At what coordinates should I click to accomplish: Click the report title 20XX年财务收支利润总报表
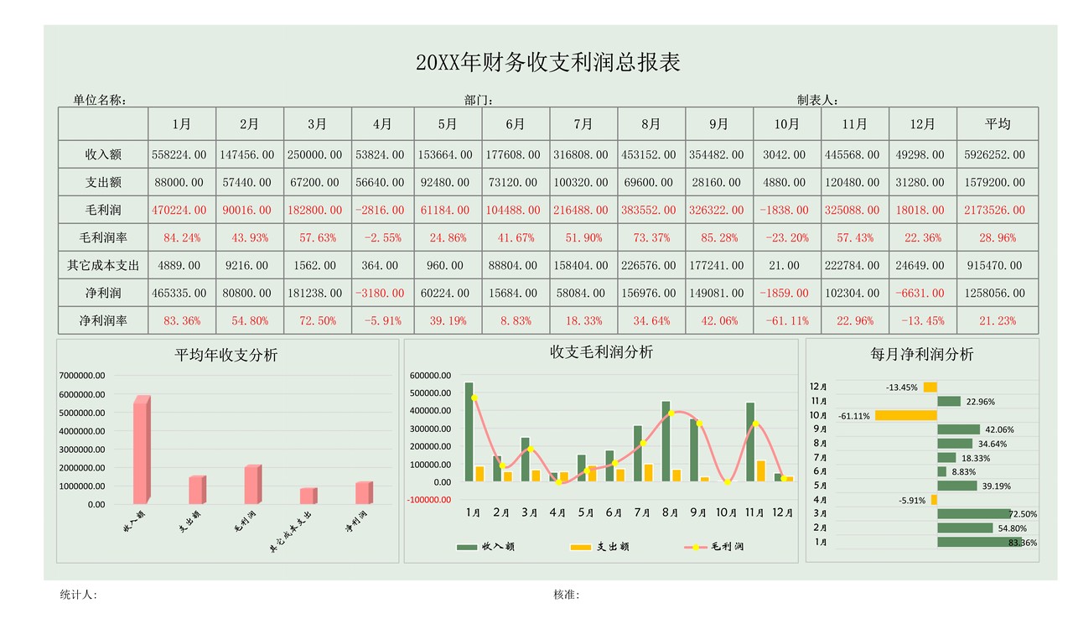pos(548,63)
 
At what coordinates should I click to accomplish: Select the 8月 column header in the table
pos(651,124)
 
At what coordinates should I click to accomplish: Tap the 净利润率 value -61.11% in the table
pos(785,321)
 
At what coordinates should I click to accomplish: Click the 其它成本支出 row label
pos(103,266)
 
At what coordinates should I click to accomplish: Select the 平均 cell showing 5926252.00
pos(997,155)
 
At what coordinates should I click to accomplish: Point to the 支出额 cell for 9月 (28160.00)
pos(718,183)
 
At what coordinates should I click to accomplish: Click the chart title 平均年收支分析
pos(226,355)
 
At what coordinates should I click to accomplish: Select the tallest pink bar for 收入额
pos(141,449)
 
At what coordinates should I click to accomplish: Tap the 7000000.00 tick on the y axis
pos(82,376)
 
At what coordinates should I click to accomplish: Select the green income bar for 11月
pos(750,440)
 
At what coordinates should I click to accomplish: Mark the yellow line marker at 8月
pos(671,413)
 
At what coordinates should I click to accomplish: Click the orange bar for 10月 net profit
pos(905,415)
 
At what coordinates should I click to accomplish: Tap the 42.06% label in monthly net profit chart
pos(1000,429)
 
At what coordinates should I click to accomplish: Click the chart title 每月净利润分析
pos(922,355)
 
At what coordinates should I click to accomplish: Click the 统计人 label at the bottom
pos(79,595)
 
